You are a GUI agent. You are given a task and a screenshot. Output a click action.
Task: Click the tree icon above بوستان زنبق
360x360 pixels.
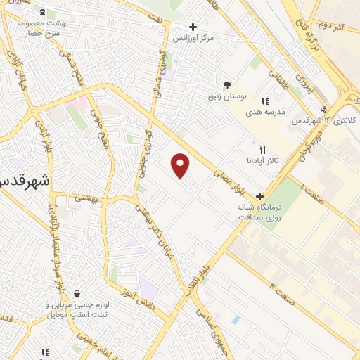(x=225, y=84)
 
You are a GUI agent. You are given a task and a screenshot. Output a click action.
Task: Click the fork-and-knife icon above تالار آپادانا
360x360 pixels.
(x=262, y=150)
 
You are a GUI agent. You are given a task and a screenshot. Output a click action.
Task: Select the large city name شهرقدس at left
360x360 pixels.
(x=24, y=179)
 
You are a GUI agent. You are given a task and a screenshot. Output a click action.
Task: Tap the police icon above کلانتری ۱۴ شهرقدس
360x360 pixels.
(x=323, y=110)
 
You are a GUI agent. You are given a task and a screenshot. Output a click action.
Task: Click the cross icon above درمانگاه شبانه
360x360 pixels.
(x=260, y=196)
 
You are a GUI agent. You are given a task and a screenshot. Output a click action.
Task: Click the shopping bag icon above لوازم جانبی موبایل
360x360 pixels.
(x=76, y=295)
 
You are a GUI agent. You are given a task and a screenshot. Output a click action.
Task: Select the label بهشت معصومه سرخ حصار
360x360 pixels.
(x=42, y=28)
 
